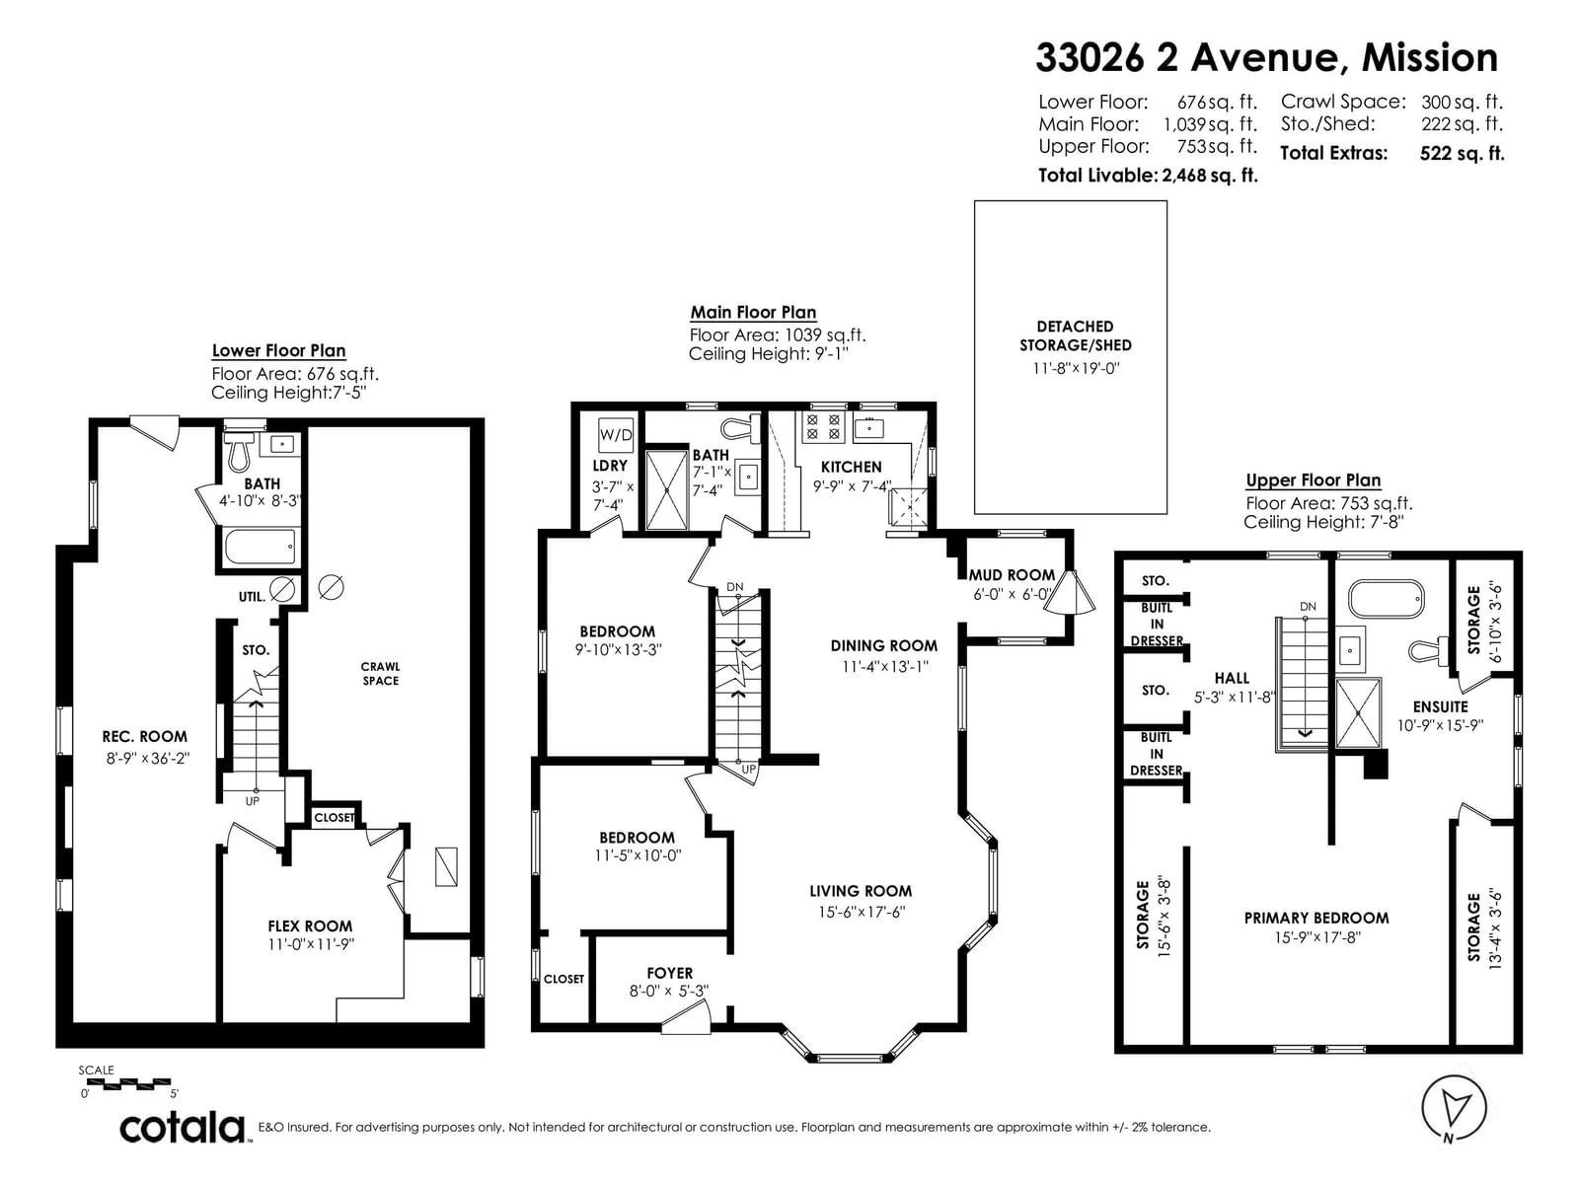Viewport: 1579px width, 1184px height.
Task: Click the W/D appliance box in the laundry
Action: click(616, 435)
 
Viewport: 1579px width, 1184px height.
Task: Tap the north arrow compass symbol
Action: click(1454, 1108)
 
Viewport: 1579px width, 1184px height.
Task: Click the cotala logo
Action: click(183, 1129)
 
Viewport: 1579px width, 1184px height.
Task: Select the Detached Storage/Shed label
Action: click(1076, 335)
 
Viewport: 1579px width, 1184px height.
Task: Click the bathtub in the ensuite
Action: click(1386, 598)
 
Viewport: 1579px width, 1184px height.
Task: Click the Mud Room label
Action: click(1012, 575)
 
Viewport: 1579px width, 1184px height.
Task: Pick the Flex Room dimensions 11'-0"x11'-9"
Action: click(311, 944)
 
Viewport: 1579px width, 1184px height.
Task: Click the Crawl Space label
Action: click(381, 674)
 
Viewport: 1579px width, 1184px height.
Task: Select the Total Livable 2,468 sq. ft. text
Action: click(1148, 176)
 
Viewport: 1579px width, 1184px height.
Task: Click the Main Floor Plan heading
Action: click(753, 313)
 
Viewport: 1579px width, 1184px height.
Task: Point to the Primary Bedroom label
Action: click(1316, 918)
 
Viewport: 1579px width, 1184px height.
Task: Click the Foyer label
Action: click(670, 974)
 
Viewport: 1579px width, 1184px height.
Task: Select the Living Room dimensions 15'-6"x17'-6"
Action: click(862, 913)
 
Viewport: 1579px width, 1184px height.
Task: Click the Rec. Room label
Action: click(145, 737)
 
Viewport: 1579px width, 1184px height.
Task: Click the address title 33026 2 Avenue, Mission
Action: click(1267, 57)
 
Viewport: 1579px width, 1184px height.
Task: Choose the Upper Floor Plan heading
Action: click(1314, 481)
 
